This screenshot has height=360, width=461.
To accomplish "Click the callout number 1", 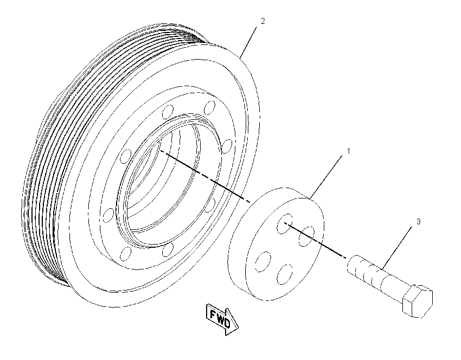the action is point(349,151).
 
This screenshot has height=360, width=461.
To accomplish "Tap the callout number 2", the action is point(263,21).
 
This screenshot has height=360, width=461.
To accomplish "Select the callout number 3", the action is point(419,222).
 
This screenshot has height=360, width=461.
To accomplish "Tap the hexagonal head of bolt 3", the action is point(418,301).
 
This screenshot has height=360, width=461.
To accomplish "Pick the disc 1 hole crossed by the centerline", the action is point(285,224).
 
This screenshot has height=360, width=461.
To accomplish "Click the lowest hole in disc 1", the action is point(285,274).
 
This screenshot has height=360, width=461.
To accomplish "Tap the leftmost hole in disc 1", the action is point(263,261).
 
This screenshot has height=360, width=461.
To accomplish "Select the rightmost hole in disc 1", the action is point(306,236).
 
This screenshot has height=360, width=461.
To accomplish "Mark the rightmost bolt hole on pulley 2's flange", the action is point(227,146).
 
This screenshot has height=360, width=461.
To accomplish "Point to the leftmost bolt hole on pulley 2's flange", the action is point(108,215).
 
